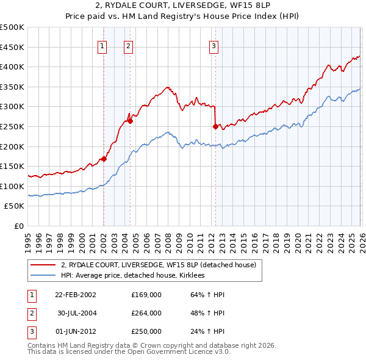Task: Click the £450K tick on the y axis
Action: point(13,47)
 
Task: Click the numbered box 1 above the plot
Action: point(102,45)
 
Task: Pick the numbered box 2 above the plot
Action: point(129,45)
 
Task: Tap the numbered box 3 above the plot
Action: point(214,45)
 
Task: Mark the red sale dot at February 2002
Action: point(104,159)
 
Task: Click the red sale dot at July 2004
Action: point(130,121)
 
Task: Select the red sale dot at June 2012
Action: point(215,126)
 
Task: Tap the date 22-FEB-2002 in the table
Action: point(75,295)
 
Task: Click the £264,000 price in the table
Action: point(146,313)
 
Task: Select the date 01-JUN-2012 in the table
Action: point(75,331)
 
